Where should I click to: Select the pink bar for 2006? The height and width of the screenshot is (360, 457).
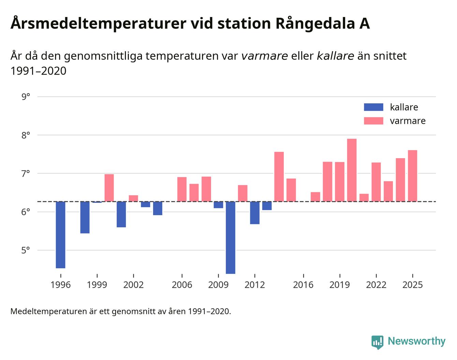182,189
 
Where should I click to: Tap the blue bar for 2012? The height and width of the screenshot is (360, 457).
255,213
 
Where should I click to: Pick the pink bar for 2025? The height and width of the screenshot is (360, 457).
412,176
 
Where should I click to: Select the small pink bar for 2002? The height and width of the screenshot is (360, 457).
133,198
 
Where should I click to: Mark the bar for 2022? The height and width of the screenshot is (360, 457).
376,182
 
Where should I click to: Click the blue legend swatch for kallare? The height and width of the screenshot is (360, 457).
373,107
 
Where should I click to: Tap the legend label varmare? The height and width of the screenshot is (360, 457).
408,121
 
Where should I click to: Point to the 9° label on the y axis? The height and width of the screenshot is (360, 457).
26,97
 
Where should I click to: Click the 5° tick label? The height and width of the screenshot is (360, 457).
26,251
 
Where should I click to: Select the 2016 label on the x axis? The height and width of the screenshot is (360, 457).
303,285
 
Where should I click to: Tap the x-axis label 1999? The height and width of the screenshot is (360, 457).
97,285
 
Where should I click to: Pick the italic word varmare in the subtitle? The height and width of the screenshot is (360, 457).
264,56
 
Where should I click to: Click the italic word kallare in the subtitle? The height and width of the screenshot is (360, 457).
335,56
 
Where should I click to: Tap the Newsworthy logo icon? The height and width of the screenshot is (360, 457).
377,342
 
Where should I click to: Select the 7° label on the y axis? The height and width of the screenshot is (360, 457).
26,174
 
